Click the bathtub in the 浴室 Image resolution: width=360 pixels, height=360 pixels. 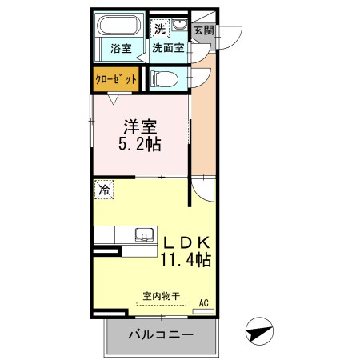(x=118, y=25)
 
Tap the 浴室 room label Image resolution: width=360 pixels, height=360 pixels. (x=121, y=49)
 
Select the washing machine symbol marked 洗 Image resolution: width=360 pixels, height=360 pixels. (x=160, y=27)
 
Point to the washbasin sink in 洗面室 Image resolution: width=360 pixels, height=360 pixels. (x=179, y=25)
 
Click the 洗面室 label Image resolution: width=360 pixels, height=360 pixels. (x=168, y=48)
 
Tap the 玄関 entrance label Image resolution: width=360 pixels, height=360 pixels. (x=203, y=30)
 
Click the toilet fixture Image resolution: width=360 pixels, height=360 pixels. (x=164, y=79)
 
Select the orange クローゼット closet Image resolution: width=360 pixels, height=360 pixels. (x=116, y=79)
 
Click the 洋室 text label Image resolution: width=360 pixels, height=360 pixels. (x=140, y=127)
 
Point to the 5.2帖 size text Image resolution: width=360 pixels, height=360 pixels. (x=140, y=144)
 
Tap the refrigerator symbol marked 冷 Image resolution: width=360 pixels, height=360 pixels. (x=104, y=190)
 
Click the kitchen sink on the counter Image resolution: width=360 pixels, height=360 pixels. (x=144, y=235)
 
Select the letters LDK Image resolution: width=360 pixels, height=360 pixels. (x=186, y=242)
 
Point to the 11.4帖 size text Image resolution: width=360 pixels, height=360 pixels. (x=186, y=259)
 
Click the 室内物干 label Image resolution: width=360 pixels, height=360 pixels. (x=161, y=296)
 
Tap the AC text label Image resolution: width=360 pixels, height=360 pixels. (x=204, y=303)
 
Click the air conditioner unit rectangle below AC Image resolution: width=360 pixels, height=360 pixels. (x=203, y=311)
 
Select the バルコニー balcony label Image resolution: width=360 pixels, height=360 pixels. (x=161, y=334)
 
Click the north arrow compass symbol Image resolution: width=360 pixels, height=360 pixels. (x=259, y=331)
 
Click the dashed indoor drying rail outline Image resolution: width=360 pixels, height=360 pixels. (x=162, y=303)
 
